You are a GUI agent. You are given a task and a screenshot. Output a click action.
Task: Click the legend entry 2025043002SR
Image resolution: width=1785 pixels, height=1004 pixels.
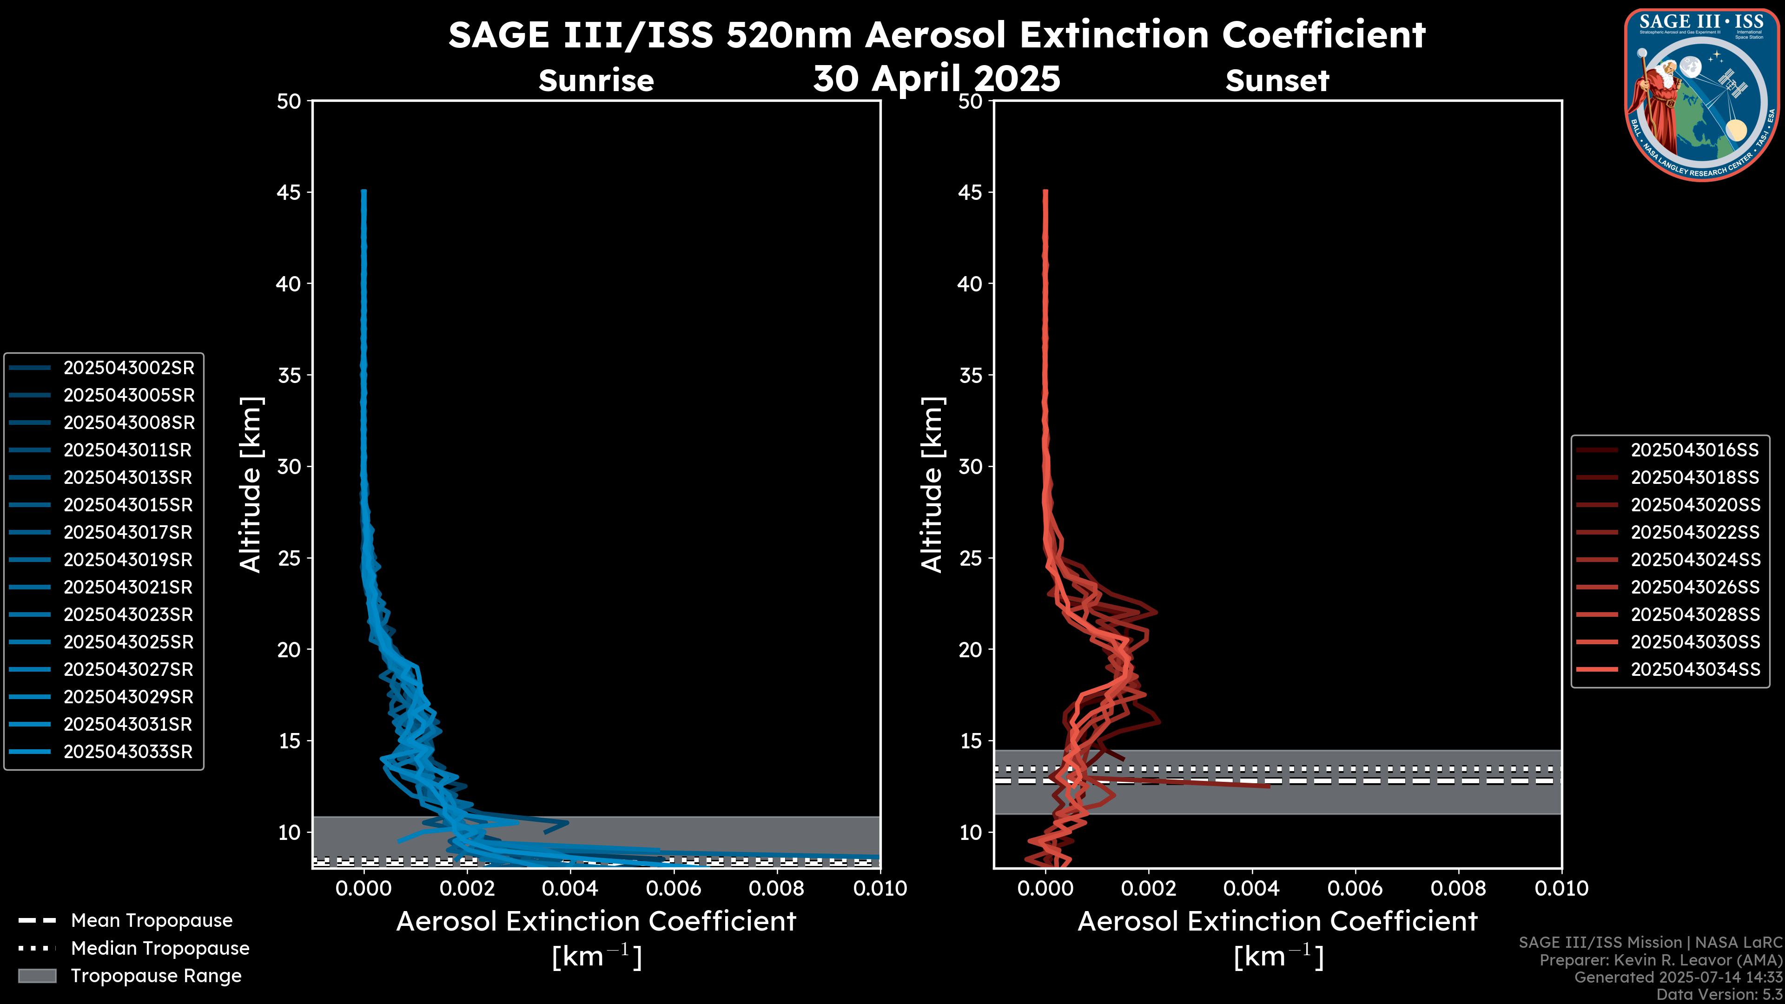tap(129, 368)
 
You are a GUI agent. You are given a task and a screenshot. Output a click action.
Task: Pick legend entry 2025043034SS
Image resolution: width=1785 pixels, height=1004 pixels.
tap(1695, 669)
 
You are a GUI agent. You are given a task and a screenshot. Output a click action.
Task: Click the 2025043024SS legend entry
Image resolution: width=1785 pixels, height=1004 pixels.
tap(1695, 560)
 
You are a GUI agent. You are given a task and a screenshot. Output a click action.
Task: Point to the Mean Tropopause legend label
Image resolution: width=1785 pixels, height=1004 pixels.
tap(152, 920)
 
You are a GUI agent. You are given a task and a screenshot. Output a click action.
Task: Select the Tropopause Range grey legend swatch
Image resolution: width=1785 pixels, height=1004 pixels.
tap(37, 976)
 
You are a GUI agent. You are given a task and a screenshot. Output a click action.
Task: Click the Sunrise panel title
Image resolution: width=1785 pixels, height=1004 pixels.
tap(596, 81)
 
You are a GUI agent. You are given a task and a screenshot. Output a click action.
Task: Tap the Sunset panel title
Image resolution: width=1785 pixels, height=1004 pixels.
tap(1277, 81)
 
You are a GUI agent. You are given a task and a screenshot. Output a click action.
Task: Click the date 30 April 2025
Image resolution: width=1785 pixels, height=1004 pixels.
tap(936, 78)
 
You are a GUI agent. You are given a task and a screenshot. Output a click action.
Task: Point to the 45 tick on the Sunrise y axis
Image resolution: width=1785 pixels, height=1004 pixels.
tap(289, 192)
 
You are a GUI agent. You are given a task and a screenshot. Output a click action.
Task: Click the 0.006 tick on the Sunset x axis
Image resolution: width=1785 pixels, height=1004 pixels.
tap(1355, 888)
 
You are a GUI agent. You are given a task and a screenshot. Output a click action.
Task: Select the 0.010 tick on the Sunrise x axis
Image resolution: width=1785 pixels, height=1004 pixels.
tap(879, 888)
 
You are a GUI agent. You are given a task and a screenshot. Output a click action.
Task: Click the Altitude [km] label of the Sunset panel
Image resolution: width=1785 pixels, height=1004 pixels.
tap(932, 484)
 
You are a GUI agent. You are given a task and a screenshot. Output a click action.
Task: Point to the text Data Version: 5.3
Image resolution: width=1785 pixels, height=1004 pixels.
tap(1720, 994)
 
